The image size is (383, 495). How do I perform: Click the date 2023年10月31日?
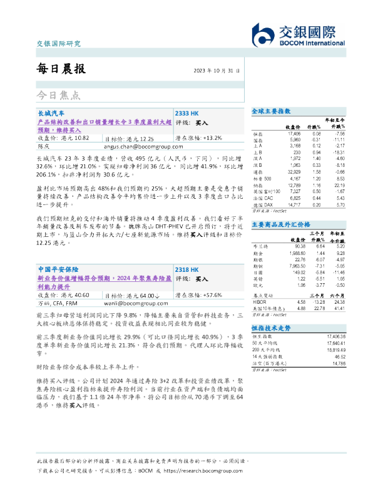217,71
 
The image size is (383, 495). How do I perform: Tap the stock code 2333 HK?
187,113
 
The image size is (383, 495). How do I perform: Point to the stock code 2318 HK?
186,267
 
